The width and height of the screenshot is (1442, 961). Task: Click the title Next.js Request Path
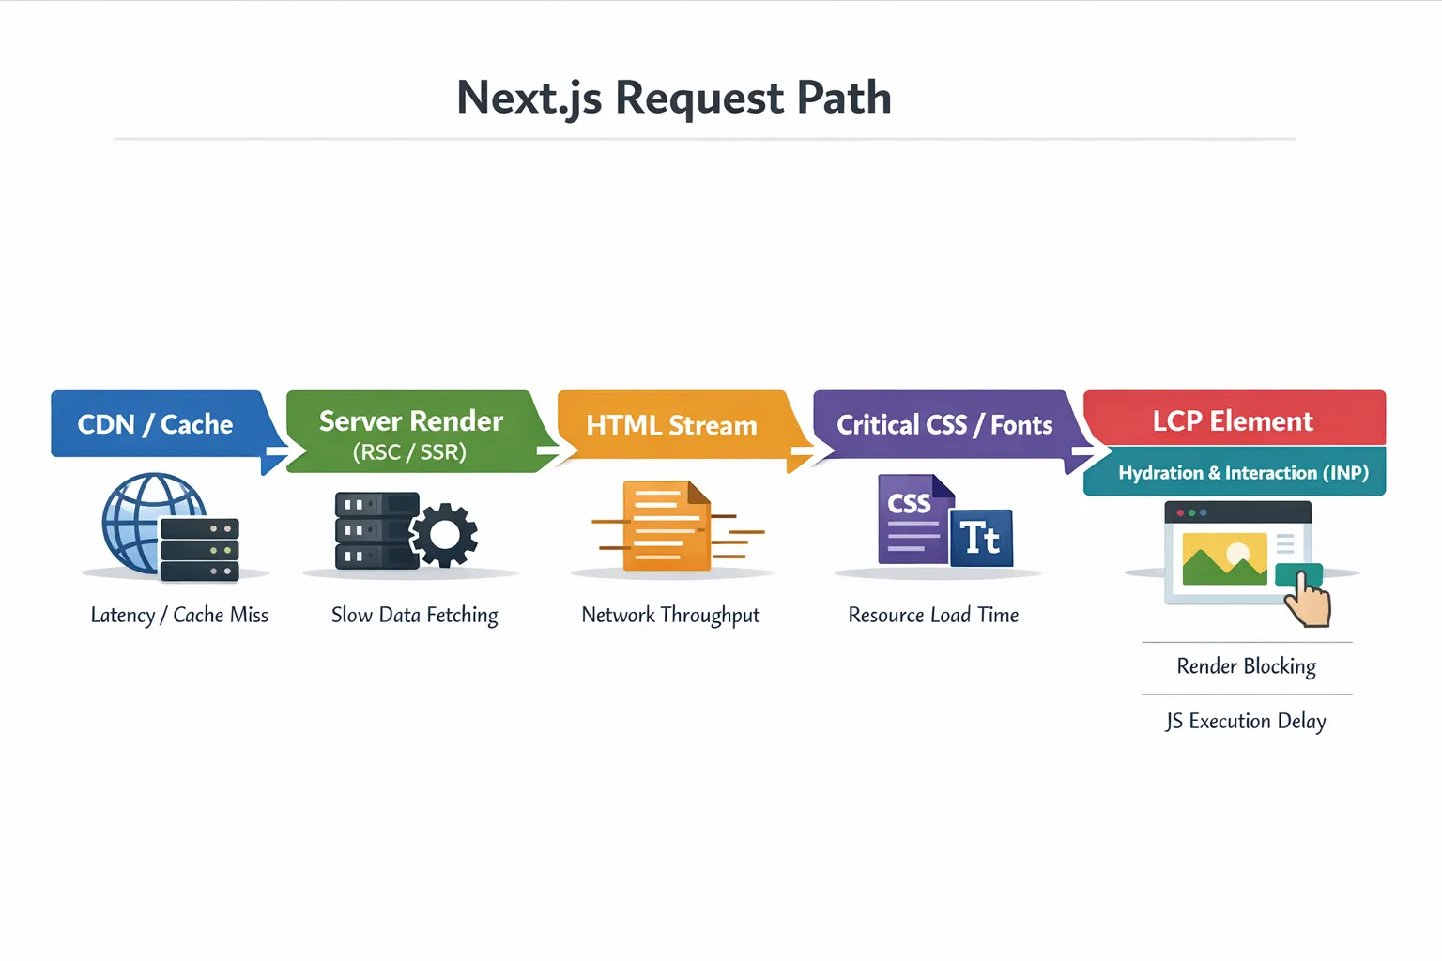tap(673, 98)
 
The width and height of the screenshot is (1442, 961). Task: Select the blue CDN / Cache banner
tap(156, 424)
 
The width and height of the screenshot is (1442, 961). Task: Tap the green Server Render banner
tap(411, 432)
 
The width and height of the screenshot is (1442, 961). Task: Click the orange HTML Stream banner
tap(671, 425)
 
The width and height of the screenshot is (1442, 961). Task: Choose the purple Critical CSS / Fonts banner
tap(943, 425)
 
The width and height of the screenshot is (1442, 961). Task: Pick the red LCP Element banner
tap(1233, 419)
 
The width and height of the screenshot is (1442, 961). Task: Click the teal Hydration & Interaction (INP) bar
tap(1242, 472)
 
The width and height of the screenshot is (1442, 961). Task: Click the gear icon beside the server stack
tap(445, 535)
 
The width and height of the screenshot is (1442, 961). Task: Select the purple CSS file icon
tap(909, 519)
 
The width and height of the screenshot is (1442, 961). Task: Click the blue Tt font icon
tap(981, 539)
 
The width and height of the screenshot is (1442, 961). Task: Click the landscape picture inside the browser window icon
tap(1224, 559)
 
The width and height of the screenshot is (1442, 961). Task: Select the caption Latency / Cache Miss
tap(179, 616)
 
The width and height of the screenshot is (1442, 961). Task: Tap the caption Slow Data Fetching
tap(414, 616)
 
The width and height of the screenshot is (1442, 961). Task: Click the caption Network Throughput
tap(670, 616)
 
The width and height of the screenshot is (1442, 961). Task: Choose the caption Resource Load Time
tap(933, 616)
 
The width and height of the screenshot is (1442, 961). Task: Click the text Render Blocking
tap(1246, 666)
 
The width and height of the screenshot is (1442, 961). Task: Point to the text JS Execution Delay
tap(1246, 721)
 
